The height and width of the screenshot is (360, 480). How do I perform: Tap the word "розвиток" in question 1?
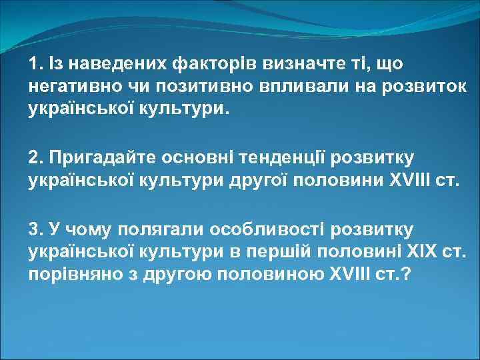coord(419,87)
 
